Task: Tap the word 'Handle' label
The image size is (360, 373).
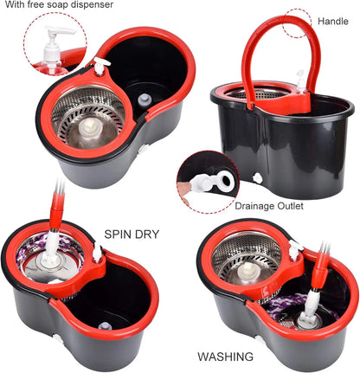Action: (x=333, y=21)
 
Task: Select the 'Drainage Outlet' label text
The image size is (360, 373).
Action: (x=275, y=207)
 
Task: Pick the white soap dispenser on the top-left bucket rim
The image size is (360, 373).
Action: (x=102, y=65)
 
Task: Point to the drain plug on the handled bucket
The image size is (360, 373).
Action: (x=258, y=179)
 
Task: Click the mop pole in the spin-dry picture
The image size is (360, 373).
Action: (x=57, y=208)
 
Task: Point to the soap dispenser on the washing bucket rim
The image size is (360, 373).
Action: (x=293, y=249)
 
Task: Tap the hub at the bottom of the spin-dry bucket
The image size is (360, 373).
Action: (x=104, y=326)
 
